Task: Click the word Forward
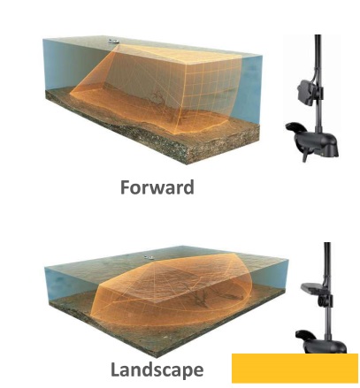pos(157,187)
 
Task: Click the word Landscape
pos(157,369)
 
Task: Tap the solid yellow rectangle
pos(295,369)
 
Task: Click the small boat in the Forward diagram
pos(113,41)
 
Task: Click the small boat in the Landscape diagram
pos(149,257)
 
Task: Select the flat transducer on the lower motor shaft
pos(311,287)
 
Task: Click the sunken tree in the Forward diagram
pos(159,99)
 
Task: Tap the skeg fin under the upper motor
pos(307,155)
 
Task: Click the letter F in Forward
pos(125,187)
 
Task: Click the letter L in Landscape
pos(115,369)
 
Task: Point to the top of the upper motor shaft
pos(318,35)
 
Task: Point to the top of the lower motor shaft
pos(327,243)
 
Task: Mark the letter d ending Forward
pos(188,187)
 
